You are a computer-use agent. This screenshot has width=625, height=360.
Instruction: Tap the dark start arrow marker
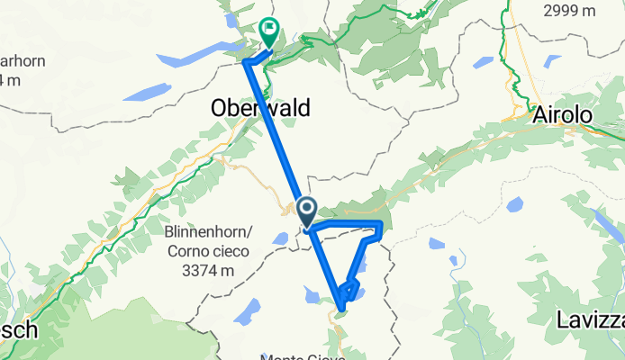coord(306,212)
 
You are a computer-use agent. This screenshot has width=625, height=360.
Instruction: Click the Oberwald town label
coord(260,108)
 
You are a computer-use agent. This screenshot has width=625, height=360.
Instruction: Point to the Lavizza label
coord(589,319)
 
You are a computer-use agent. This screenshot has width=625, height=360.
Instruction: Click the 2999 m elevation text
coord(575,10)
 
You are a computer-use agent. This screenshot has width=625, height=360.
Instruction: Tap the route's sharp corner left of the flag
coord(247,61)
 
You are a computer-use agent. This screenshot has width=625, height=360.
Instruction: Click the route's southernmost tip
coord(341,312)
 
